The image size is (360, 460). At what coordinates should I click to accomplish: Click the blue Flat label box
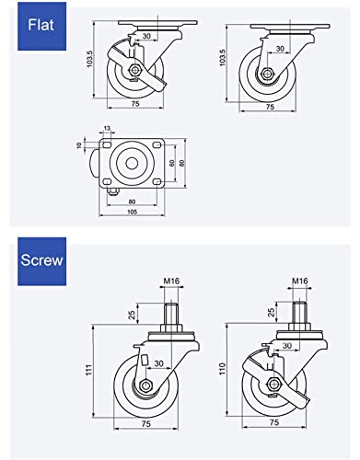pos(41,26)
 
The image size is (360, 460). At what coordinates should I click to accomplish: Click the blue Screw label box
pos(41,261)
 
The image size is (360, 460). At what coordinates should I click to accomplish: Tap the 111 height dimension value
pos(88,370)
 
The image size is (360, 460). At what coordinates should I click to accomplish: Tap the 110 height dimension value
pos(222,368)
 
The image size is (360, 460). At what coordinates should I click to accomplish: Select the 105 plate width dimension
pos(132,212)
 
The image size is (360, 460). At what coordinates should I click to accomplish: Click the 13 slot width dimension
pos(107,128)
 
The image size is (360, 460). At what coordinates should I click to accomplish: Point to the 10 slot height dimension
pos(79,145)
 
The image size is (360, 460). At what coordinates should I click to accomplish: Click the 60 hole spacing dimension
pos(172,163)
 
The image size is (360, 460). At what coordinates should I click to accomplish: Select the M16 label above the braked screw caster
pos(300,281)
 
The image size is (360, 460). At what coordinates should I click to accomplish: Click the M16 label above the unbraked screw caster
pos(171,281)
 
